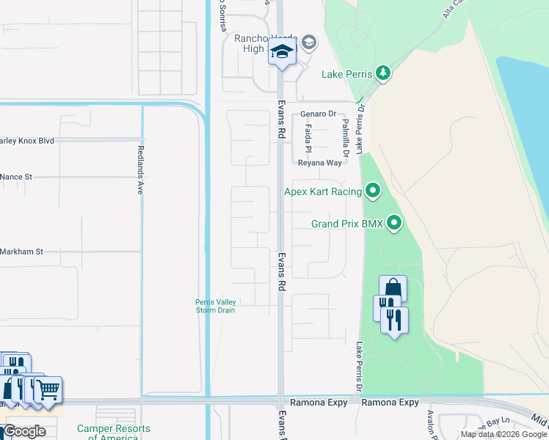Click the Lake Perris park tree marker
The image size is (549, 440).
382,73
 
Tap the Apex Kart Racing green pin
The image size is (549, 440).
373,192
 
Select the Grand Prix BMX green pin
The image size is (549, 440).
394,222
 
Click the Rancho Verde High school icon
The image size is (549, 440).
280,52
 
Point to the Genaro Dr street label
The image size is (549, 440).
318,114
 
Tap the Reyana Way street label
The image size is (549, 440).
319,163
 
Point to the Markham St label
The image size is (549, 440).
22,252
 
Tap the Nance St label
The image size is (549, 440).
17,177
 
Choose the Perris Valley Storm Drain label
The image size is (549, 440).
214,305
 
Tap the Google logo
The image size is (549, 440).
24,431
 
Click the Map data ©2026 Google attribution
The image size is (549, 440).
503,434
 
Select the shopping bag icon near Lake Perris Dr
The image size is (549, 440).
393,287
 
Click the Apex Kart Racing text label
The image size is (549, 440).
323,192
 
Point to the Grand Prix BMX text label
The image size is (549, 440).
347,224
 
